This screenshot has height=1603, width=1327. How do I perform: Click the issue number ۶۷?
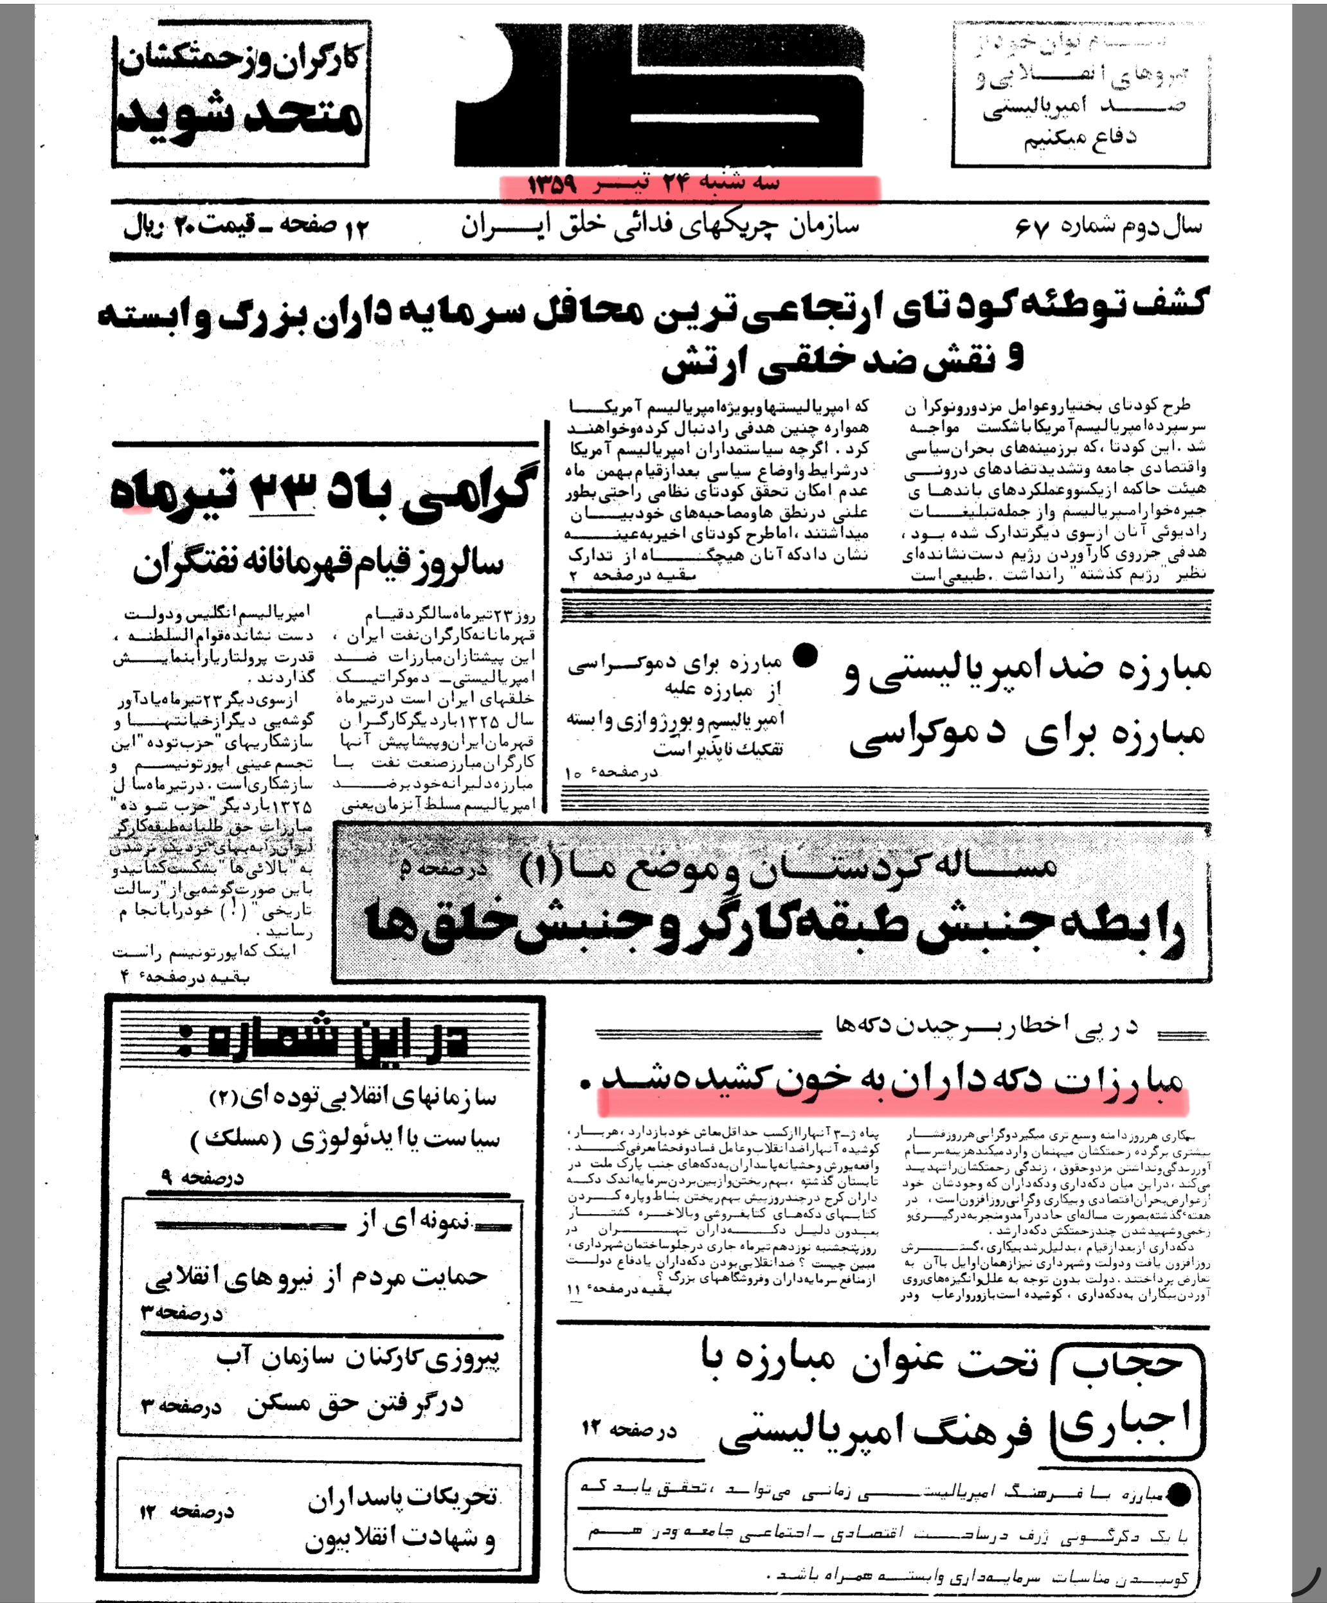[1033, 228]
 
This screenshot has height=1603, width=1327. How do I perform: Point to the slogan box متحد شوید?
[240, 119]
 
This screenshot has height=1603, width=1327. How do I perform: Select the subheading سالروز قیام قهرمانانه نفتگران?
[319, 565]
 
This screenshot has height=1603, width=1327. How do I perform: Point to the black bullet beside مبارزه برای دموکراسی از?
[806, 655]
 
